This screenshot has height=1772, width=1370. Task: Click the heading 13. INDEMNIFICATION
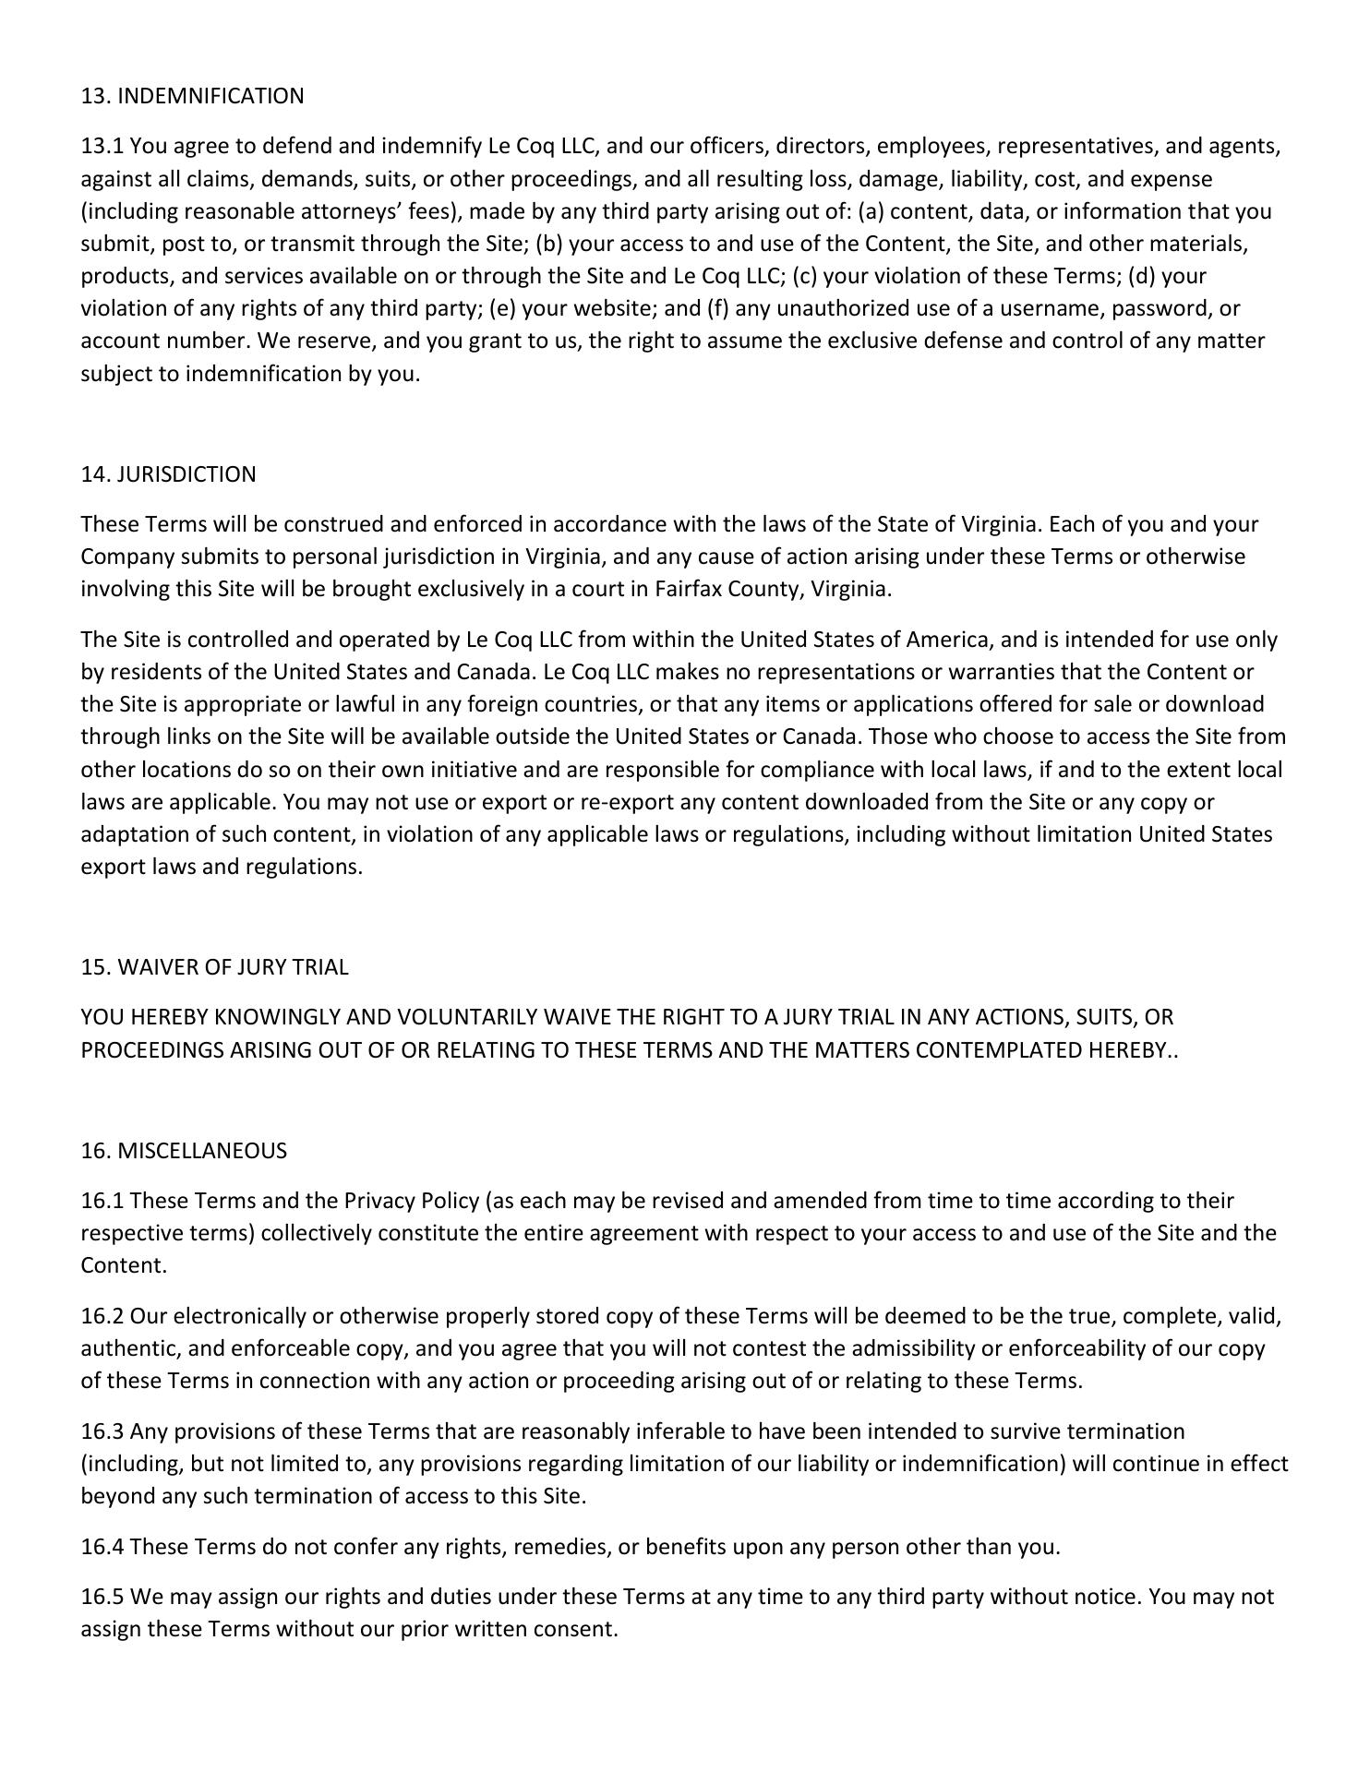point(192,96)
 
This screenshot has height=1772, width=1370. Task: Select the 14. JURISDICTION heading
point(168,474)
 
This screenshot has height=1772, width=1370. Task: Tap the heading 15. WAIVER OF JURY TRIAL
point(214,967)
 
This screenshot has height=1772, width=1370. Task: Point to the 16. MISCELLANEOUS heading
point(184,1151)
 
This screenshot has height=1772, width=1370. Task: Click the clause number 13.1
point(102,147)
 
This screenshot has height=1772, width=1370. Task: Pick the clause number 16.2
point(102,1316)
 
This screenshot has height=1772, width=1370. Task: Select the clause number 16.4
point(102,1547)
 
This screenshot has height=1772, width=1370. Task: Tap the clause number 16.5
point(102,1598)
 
